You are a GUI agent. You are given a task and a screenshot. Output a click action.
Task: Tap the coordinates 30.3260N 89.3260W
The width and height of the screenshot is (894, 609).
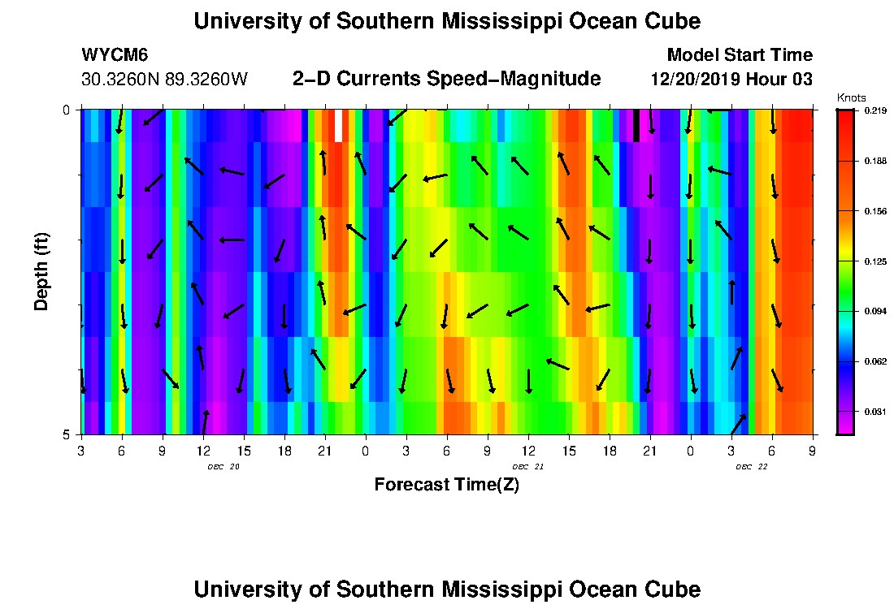pyautogui.click(x=164, y=80)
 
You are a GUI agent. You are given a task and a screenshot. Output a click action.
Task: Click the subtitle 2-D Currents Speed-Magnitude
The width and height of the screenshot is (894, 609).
pyautogui.click(x=446, y=79)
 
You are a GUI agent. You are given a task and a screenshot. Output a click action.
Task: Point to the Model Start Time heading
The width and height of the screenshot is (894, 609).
pyautogui.click(x=739, y=55)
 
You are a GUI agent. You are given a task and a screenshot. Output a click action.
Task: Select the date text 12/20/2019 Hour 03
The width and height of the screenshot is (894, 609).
pyautogui.click(x=731, y=80)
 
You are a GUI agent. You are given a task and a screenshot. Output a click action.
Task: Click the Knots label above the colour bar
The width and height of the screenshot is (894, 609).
pyautogui.click(x=851, y=97)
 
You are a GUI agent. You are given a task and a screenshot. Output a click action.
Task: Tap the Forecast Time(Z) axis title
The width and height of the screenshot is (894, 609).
pyautogui.click(x=446, y=485)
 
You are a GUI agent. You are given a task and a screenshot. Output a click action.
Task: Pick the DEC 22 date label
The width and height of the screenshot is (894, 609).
pyautogui.click(x=752, y=467)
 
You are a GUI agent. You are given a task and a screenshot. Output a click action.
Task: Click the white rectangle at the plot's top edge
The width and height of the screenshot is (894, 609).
pyautogui.click(x=338, y=126)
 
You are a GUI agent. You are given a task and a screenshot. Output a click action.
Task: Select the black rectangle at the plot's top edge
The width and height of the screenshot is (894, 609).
pyautogui.click(x=636, y=126)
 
